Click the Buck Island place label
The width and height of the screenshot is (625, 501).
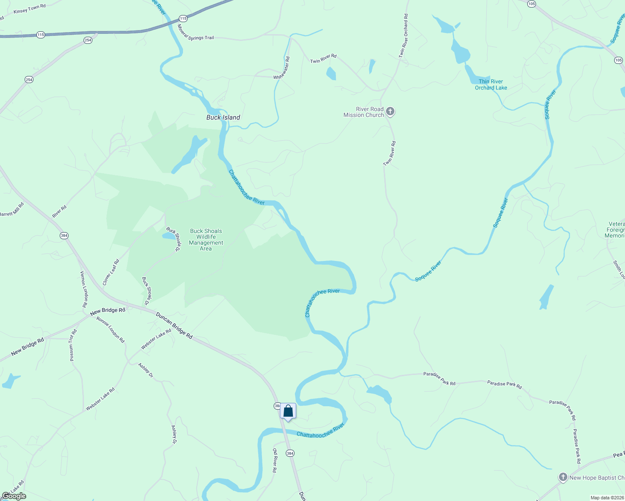click(x=223, y=117)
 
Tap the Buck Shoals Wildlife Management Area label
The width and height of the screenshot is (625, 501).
click(x=206, y=240)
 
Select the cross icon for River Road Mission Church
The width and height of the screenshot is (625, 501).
click(x=390, y=111)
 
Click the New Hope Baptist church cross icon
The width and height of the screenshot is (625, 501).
click(x=563, y=477)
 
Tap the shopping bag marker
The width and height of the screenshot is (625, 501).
click(x=288, y=411)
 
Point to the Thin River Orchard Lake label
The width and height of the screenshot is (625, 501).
click(x=491, y=85)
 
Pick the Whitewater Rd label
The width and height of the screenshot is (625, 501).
click(x=282, y=68)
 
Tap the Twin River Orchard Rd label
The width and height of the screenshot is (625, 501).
click(x=404, y=35)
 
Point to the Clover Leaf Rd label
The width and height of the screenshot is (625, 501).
click(x=111, y=272)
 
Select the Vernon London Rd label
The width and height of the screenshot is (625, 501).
click(x=84, y=289)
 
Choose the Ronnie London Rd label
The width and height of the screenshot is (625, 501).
click(x=111, y=329)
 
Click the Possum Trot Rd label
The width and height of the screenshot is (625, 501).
click(x=73, y=345)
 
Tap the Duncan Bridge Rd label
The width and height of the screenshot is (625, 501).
click(x=174, y=325)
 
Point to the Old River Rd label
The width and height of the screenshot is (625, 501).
click(x=274, y=461)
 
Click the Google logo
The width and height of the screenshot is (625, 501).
click(x=14, y=496)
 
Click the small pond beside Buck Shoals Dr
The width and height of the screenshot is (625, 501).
click(x=169, y=236)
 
